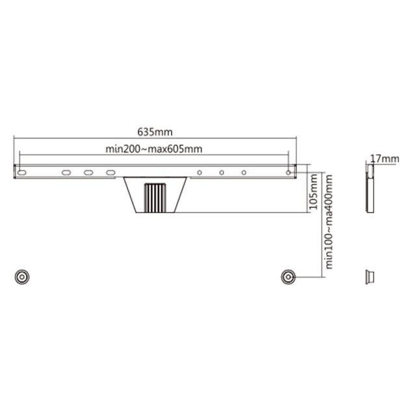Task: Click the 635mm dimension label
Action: coord(155,132)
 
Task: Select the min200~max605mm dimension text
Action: coord(154,149)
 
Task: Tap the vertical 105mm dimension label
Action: coord(313,192)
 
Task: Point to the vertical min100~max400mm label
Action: coord(329,222)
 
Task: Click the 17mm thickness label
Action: coord(385,159)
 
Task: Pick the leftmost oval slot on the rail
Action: coord(22,173)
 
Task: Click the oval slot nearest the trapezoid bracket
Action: coord(110,173)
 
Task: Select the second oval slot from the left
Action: coord(66,173)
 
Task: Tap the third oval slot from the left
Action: coord(88,173)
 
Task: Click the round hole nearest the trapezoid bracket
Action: coord(200,173)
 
